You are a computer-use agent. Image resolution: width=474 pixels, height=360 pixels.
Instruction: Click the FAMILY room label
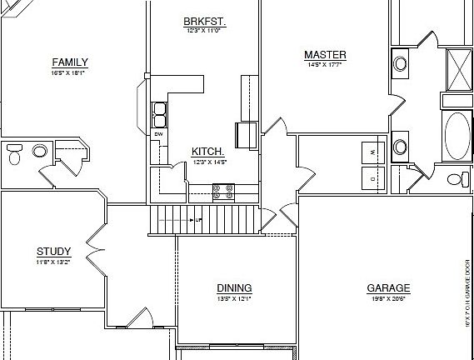point(70,62)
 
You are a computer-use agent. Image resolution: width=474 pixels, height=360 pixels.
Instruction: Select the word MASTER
point(325,56)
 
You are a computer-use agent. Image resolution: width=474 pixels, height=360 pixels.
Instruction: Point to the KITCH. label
point(207,151)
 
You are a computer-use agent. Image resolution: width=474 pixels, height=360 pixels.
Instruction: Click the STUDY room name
point(53,252)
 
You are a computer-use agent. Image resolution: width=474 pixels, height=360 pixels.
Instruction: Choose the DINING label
point(234,288)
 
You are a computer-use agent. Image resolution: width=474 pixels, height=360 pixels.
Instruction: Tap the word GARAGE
point(388,289)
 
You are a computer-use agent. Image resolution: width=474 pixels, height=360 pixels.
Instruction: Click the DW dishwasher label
point(158,134)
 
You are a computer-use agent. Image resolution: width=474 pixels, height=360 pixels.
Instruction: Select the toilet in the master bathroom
point(457,179)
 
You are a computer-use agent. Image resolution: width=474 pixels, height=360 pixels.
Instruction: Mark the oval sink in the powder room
point(38,151)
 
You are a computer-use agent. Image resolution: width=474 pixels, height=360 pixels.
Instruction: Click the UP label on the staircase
point(199,220)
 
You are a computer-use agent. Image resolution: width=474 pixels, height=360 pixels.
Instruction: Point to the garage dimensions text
point(388,299)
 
